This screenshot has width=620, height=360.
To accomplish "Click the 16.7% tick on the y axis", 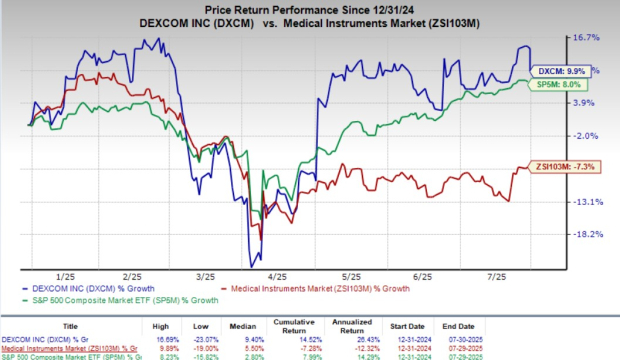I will click(586, 38).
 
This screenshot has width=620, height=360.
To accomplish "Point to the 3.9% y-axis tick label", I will click(586, 103).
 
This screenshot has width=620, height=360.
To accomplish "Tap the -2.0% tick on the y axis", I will click(586, 136).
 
